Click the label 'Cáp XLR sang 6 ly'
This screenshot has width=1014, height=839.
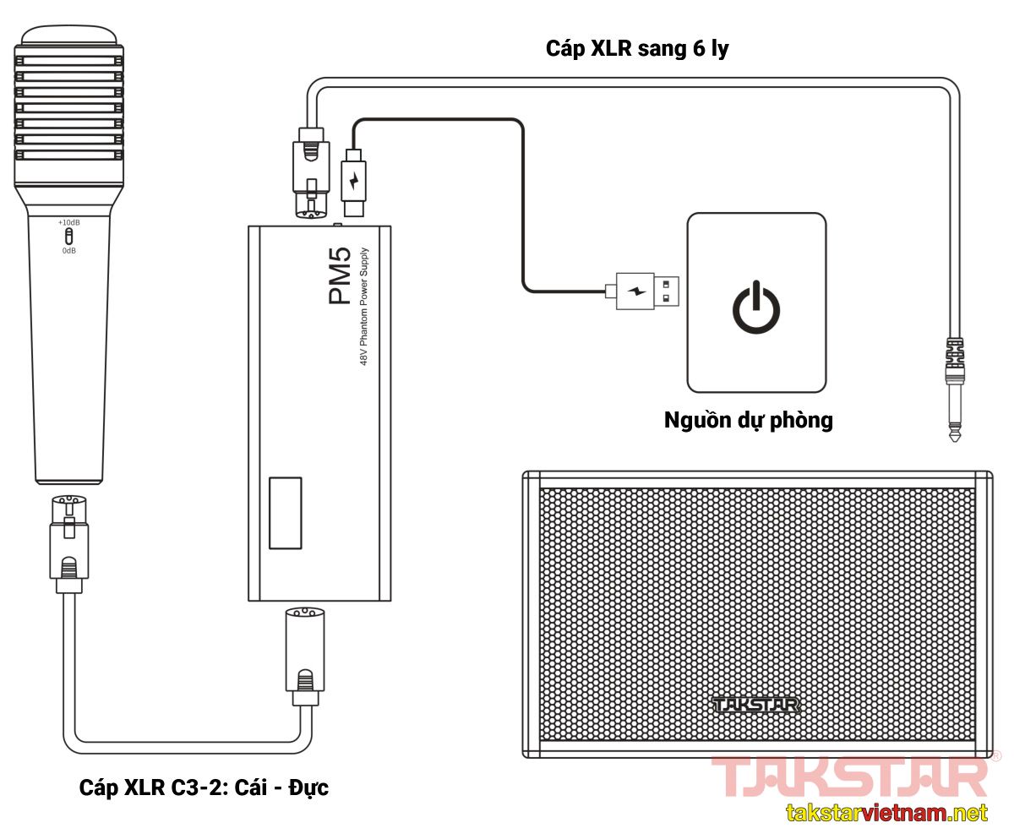pos(637,48)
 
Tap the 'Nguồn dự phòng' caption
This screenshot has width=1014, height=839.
pos(748,420)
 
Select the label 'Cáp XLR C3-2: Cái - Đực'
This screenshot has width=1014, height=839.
pos(204,788)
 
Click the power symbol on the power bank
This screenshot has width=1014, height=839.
pos(755,308)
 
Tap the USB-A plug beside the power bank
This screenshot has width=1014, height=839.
pos(646,291)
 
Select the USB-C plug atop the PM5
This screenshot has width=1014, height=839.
pos(353,181)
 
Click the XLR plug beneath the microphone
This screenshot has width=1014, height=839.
pos(68,541)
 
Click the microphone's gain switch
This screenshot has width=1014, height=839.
pos(68,236)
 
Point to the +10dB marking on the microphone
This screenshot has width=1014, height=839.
pos(68,222)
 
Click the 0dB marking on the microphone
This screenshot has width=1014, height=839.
pos(68,250)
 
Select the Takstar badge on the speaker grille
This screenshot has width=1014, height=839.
pos(755,704)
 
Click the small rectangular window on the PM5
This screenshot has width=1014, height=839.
pos(285,513)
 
